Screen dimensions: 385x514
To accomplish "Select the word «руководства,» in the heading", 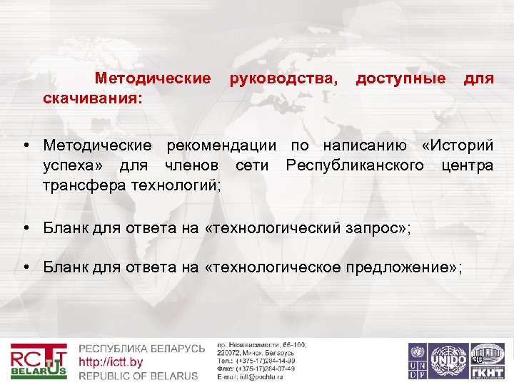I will (x=284, y=77).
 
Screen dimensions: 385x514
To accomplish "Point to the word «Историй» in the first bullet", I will (x=458, y=145).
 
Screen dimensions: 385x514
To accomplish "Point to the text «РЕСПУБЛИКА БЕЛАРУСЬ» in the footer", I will (x=141, y=349).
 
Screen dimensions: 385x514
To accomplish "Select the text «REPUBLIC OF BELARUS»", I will (x=138, y=375).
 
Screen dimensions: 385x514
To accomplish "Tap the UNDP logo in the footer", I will (x=418, y=361).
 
